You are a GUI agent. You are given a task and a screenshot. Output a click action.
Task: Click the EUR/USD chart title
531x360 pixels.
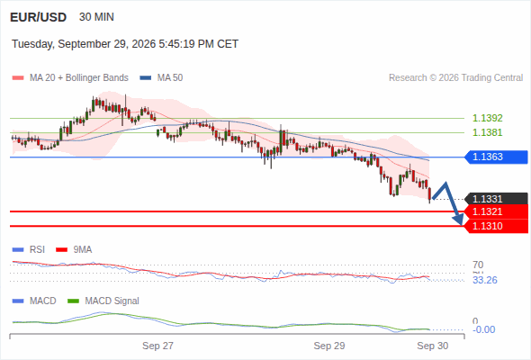click(x=39, y=17)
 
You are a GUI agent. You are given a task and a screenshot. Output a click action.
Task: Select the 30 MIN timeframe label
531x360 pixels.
click(x=96, y=17)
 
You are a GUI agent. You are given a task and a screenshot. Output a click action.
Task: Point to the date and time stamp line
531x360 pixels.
click(x=125, y=44)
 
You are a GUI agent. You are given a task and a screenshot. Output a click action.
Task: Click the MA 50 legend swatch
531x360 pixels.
click(x=146, y=78)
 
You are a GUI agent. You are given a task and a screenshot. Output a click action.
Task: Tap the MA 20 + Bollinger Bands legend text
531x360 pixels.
click(x=79, y=78)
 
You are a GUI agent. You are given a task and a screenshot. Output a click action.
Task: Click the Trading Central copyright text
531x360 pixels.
click(x=455, y=78)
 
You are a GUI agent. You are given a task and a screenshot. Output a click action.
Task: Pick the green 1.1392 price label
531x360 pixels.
click(x=487, y=118)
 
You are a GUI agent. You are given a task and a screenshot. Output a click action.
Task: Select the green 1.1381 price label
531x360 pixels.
click(x=487, y=132)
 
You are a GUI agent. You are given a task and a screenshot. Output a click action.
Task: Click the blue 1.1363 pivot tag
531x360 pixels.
click(x=496, y=157)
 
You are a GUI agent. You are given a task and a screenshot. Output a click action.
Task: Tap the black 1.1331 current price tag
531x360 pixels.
click(x=496, y=199)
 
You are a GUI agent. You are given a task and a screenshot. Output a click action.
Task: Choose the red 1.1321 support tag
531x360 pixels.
click(x=496, y=211)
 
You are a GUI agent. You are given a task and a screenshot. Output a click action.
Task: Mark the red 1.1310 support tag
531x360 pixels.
click(x=496, y=226)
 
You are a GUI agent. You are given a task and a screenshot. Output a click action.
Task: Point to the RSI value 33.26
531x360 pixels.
click(x=485, y=281)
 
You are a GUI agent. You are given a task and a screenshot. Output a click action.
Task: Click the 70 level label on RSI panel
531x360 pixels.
click(x=478, y=265)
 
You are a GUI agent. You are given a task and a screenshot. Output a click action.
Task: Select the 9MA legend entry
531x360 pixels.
click(x=74, y=250)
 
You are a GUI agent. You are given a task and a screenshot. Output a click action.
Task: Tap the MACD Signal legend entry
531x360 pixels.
click(x=103, y=301)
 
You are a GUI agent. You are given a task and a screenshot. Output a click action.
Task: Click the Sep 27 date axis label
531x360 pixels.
click(x=157, y=346)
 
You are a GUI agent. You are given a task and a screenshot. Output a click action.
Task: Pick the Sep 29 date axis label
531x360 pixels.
click(x=329, y=346)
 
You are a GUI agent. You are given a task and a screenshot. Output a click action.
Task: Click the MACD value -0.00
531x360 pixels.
click(x=483, y=329)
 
